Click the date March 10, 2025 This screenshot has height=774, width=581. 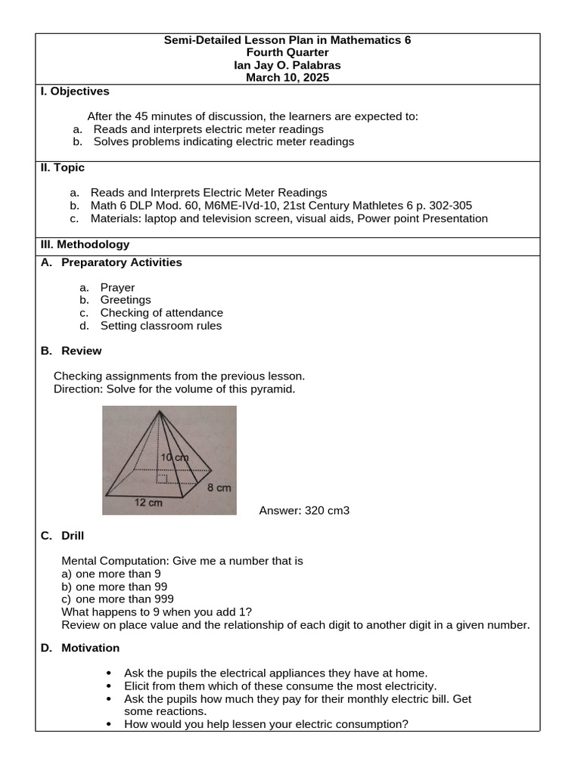click(x=287, y=78)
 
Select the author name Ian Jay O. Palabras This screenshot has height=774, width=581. click(x=287, y=65)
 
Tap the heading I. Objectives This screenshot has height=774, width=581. click(x=74, y=91)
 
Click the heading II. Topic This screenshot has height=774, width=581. click(x=62, y=168)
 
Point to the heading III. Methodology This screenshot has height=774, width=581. click(x=85, y=244)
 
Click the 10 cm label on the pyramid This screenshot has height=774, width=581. click(x=175, y=458)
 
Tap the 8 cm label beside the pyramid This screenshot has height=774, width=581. click(x=219, y=488)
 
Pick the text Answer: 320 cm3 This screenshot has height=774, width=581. click(x=304, y=511)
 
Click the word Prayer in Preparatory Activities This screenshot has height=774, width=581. click(x=117, y=287)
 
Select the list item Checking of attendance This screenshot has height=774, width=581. click(x=161, y=313)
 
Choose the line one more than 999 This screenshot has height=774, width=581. click(x=117, y=599)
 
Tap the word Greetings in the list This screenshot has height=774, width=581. click(x=126, y=300)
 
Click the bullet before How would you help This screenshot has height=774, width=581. click(x=110, y=724)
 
